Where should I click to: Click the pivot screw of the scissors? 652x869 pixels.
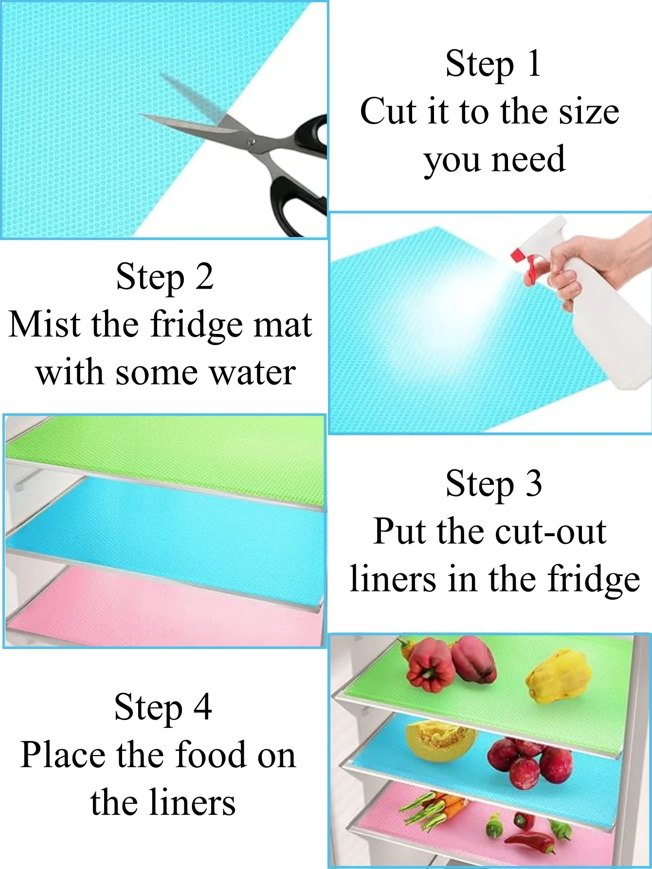[252, 142]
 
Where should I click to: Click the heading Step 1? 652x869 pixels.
[493, 64]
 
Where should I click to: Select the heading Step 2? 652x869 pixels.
[164, 277]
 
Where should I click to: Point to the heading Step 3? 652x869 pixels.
[494, 483]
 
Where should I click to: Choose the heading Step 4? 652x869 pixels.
[163, 707]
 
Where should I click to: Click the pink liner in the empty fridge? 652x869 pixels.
[165, 606]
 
